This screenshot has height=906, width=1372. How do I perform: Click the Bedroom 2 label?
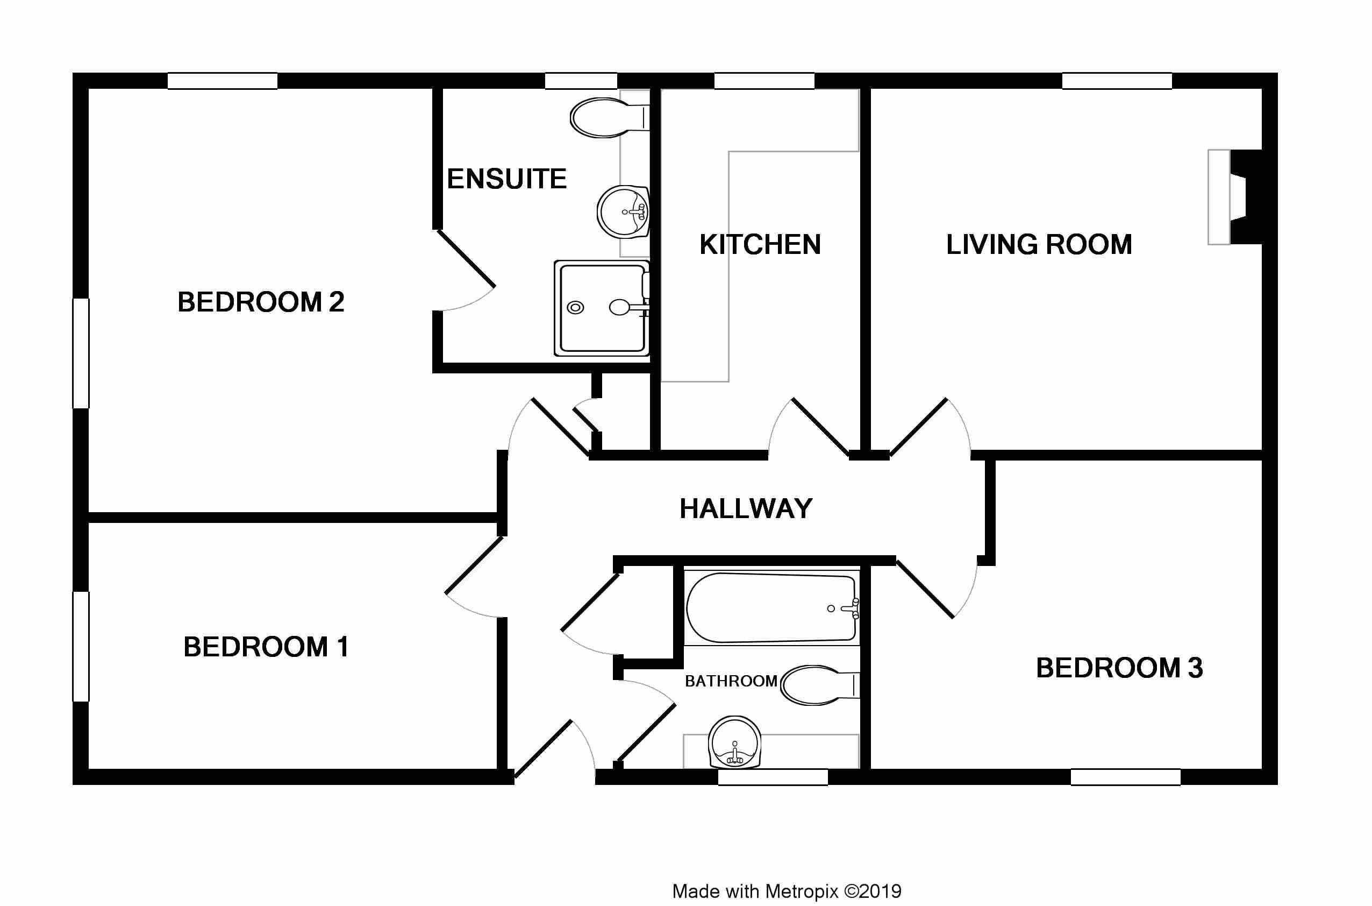[261, 302]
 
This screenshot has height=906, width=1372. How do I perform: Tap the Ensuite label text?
[506, 179]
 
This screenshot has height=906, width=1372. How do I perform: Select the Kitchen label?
[760, 245]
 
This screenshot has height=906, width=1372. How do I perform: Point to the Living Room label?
[1039, 245]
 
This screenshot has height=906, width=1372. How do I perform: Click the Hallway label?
[746, 509]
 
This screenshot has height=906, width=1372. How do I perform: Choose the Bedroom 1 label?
[266, 647]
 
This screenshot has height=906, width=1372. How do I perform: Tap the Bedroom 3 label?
[1119, 668]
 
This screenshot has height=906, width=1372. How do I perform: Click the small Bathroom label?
[731, 681]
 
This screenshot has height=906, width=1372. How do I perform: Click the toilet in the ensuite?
[610, 118]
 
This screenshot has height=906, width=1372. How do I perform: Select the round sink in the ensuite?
[623, 212]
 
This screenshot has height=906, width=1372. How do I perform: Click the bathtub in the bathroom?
[772, 608]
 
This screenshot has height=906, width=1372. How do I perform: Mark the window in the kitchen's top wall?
[764, 81]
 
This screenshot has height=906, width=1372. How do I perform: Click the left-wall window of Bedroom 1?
[81, 647]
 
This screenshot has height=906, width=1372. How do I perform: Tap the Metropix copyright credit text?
[787, 891]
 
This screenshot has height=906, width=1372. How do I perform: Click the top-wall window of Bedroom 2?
[223, 81]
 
